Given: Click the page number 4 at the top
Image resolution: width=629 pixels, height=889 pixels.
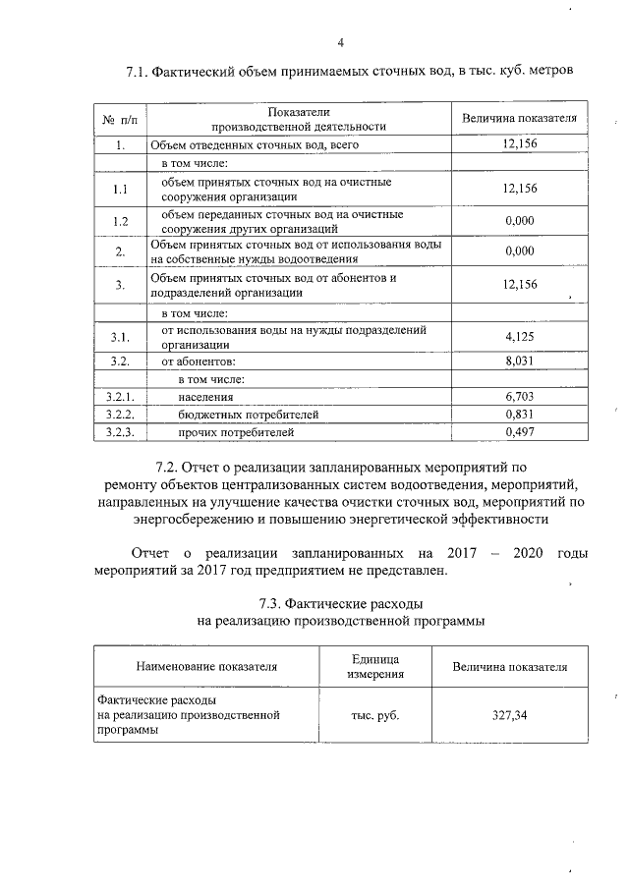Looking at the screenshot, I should click(x=340, y=42).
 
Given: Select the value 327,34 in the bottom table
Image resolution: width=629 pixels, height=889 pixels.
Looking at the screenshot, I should click(x=510, y=715).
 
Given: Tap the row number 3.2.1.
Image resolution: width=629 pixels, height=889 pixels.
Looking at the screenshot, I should click(x=120, y=397).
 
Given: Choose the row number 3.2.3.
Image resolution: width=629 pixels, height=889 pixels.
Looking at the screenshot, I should click(x=120, y=431).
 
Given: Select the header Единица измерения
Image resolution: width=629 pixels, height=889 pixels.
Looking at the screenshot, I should click(x=373, y=665).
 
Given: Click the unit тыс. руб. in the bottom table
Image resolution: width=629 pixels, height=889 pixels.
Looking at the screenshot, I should click(x=373, y=715).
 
